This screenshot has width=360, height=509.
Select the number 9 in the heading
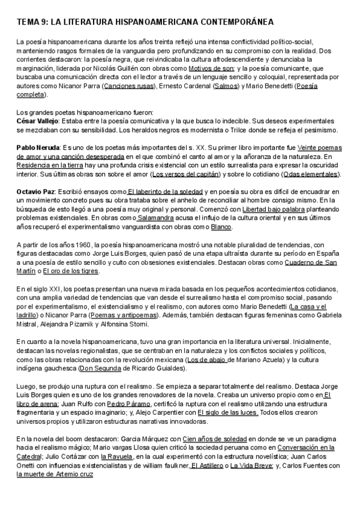(42, 22)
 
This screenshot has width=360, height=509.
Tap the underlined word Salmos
(227, 86)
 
